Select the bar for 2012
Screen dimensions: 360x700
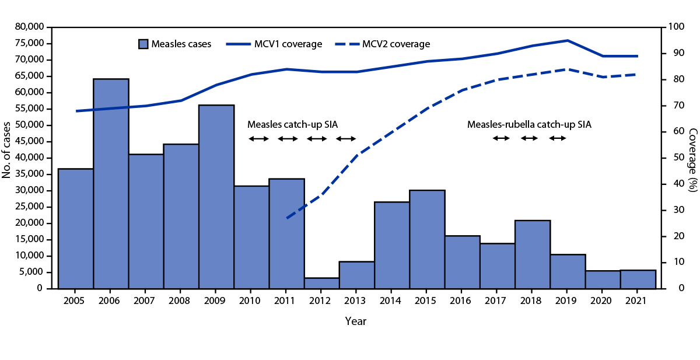pos(321,283)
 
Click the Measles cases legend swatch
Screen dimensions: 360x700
pos(143,44)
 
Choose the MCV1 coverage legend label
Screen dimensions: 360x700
pos(288,44)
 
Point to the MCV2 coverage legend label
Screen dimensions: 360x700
pos(397,44)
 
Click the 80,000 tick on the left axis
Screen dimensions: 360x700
pos(28,27)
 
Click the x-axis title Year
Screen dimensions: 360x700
pos(356,321)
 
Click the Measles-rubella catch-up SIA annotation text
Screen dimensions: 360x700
pos(525,124)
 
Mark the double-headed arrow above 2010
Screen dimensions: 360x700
pos(258,138)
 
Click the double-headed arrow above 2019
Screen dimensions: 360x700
pos(557,138)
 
